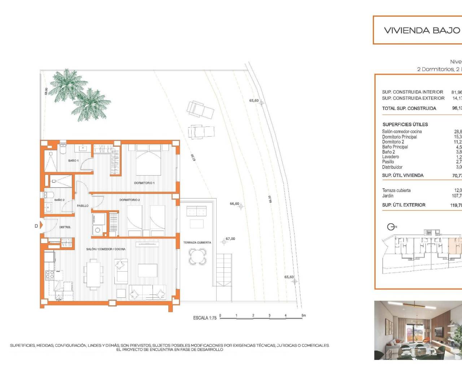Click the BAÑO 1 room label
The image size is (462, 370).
(x=73, y=160)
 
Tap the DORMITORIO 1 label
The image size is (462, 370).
(x=144, y=183)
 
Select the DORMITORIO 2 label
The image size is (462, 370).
(x=130, y=200)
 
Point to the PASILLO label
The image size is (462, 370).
(x=83, y=206)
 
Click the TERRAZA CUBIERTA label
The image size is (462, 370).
(x=197, y=242)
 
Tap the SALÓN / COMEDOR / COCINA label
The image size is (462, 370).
(x=106, y=249)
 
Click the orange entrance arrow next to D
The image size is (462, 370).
(x=41, y=226)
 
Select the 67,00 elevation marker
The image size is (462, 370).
(x=230, y=238)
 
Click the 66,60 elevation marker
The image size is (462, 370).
(x=235, y=204)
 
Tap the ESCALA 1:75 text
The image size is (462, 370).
(x=205, y=318)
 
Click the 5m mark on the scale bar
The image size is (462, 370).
(x=303, y=315)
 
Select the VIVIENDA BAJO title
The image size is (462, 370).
(x=422, y=30)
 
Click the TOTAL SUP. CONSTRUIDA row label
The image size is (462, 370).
(x=409, y=108)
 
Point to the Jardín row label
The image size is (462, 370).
(x=388, y=195)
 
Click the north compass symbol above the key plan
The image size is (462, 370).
(x=391, y=227)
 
